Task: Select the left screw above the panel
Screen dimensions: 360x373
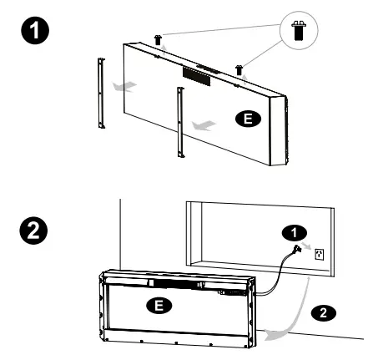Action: point(157,40)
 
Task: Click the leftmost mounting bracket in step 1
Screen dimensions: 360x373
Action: point(101,94)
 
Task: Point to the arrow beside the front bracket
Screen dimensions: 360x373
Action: point(202,124)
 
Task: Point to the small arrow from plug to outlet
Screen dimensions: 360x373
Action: point(309,248)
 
